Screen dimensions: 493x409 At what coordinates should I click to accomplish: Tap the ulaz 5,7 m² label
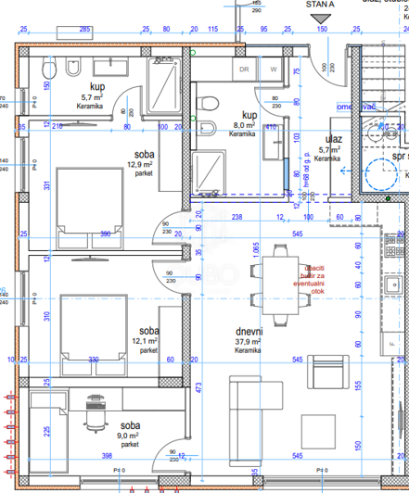pos(330,145)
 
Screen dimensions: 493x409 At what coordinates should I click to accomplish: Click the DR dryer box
pos(245,69)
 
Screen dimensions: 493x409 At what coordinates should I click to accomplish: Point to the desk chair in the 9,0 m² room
pos(93,411)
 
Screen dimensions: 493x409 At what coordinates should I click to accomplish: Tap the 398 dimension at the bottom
pos(107,455)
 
